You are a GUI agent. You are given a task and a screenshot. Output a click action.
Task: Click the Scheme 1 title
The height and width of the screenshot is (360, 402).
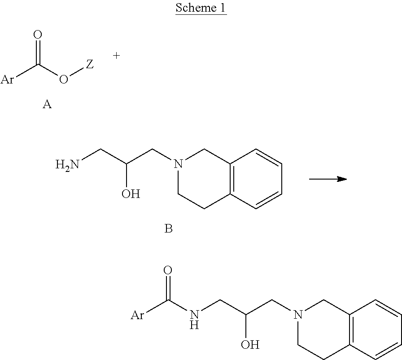pos(201,8)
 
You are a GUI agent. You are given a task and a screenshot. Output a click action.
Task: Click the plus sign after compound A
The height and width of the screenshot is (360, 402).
pos(117,56)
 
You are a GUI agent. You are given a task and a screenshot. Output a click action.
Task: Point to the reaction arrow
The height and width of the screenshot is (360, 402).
pos(328,179)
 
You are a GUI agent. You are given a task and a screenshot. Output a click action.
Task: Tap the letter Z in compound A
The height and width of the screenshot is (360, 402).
pos(90,65)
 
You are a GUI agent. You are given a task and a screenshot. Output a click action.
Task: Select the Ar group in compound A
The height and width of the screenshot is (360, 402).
pos(7,80)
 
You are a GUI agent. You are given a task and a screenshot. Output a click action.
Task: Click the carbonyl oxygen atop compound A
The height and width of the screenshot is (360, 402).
pos(38,35)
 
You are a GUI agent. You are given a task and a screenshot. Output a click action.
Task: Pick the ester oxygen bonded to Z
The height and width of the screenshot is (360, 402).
pos(64,80)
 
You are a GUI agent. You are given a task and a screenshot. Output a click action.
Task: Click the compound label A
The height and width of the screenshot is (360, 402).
pos(47,105)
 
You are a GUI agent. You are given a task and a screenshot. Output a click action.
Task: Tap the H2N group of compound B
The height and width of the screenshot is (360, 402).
pos(67,165)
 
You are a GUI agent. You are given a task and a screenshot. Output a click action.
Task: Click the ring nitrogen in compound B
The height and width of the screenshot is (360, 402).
pos(179,165)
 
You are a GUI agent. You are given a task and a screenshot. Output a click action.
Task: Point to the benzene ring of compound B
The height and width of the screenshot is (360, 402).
pos(256,179)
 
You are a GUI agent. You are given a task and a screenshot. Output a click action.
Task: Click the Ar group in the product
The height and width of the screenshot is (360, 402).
pos(137,315)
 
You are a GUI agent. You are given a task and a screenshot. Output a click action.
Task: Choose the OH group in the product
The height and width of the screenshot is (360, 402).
pos(250,345)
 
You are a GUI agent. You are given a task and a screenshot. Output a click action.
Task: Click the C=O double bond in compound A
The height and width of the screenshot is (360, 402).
pos(38,52)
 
